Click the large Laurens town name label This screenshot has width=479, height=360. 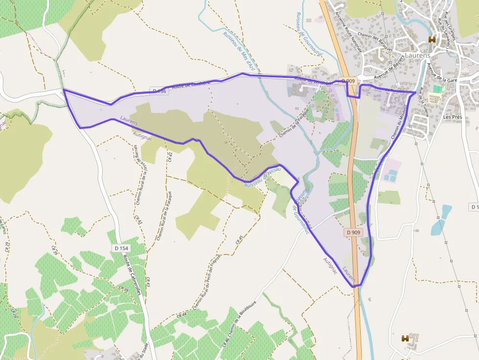pos(417,55)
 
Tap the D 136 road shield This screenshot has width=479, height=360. pos(159,91)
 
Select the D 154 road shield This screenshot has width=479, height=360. pos(121,248)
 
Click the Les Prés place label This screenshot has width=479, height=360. pos(453,117)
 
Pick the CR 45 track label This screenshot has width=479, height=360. pos(239,239)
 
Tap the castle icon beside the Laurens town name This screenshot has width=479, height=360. pos(432,40)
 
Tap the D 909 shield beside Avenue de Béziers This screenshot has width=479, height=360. pos(348,81)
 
